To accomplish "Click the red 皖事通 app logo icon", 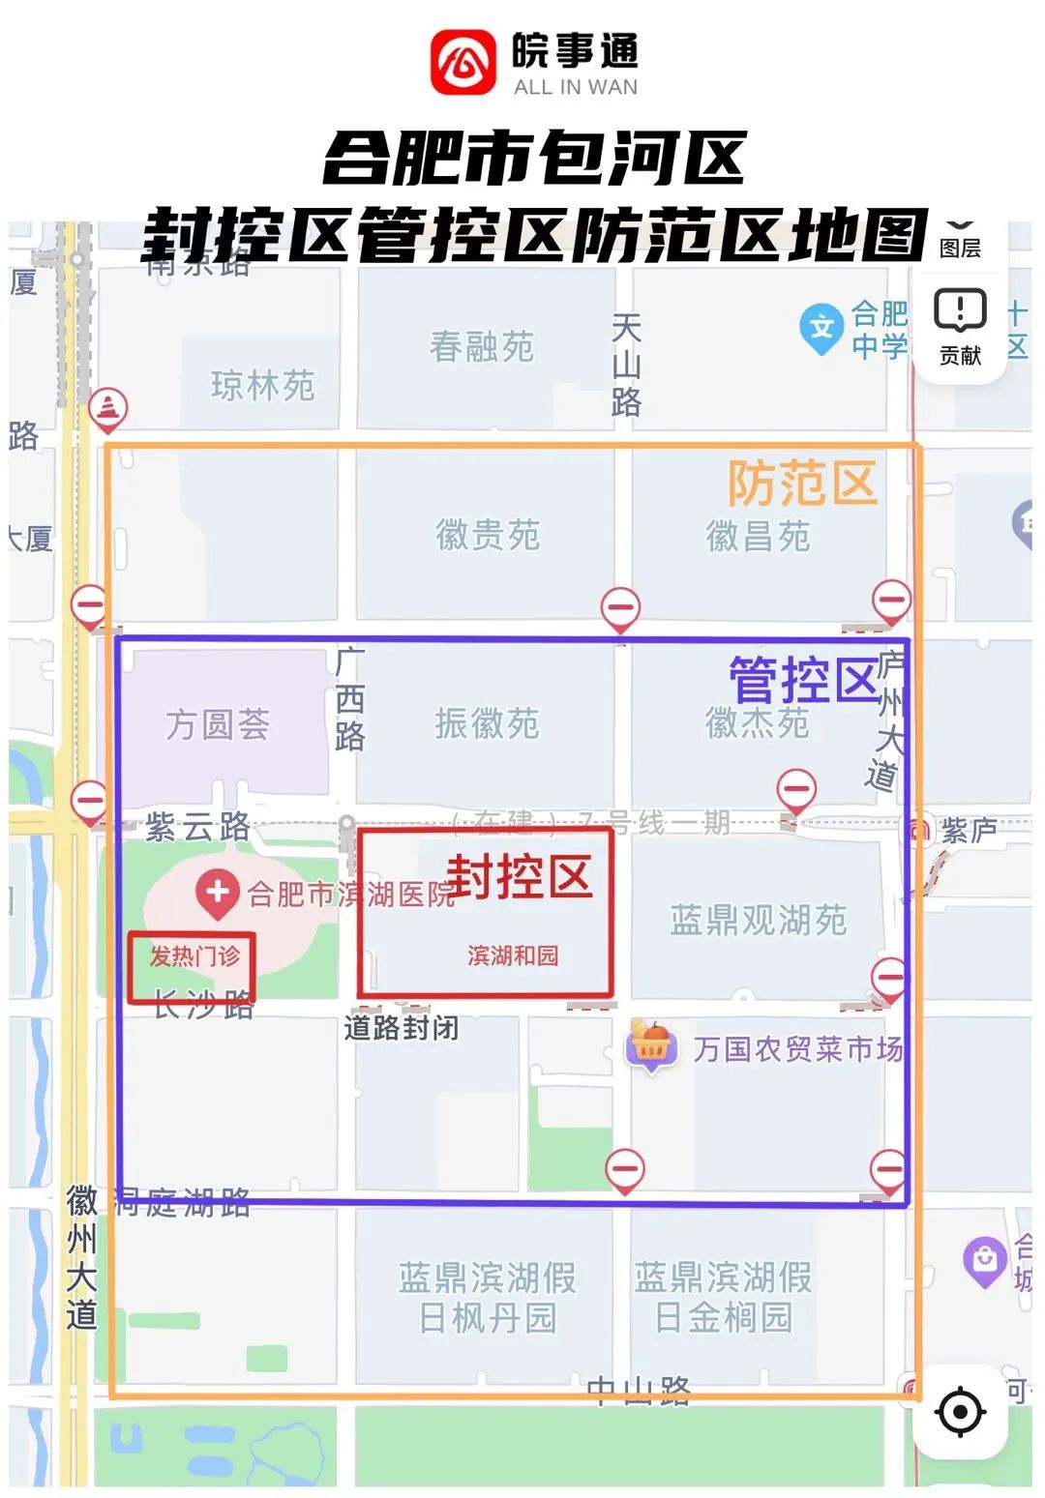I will [x=463, y=62].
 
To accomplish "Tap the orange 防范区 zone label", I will [x=802, y=484].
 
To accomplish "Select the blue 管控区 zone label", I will [x=804, y=680].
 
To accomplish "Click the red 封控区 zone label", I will [x=520, y=876].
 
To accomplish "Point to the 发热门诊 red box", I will [x=193, y=966].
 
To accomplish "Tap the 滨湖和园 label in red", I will [x=513, y=955].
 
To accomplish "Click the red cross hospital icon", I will [x=217, y=892].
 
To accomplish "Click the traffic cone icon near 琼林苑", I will [x=108, y=409].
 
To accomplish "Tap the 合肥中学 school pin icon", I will [x=821, y=328].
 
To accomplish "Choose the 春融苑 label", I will [x=482, y=346].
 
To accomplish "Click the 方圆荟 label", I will [x=218, y=723].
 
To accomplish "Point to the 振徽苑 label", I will [x=487, y=722].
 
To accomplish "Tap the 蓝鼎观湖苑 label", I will [x=758, y=920].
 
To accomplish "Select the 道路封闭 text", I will [x=402, y=1027].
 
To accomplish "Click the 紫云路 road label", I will [x=198, y=827].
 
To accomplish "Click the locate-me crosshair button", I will [x=960, y=1411].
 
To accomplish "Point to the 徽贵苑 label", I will [x=488, y=535].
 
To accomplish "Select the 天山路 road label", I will [x=626, y=365].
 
